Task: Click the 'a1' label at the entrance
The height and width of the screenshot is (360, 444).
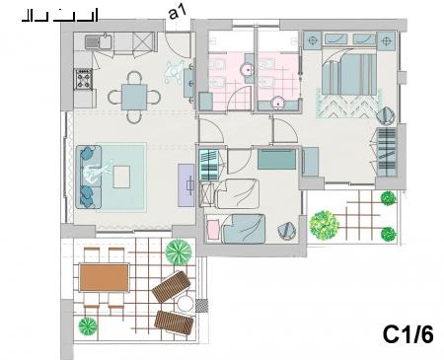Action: [178, 13]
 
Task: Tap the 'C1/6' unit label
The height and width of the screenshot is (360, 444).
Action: [407, 334]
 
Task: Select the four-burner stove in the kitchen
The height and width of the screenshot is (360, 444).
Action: [83, 79]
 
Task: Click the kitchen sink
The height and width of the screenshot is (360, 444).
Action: [99, 41]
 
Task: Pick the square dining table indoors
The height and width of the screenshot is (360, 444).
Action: [134, 98]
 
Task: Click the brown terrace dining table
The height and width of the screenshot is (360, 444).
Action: [105, 278]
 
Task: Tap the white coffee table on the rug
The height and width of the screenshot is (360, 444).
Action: [121, 177]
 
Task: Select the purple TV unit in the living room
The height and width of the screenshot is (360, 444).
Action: [186, 185]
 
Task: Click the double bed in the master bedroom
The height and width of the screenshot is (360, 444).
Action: [349, 72]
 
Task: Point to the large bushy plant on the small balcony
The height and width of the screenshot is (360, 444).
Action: [325, 225]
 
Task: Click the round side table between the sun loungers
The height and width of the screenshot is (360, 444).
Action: [185, 304]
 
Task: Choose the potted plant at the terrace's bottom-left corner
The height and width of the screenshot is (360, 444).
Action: [88, 326]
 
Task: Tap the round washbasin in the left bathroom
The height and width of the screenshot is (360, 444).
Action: [247, 70]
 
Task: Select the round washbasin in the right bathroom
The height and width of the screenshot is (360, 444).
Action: [278, 104]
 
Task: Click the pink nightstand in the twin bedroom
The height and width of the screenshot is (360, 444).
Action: [213, 229]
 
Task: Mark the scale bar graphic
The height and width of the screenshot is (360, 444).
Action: [60, 16]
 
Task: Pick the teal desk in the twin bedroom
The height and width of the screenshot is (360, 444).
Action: [276, 159]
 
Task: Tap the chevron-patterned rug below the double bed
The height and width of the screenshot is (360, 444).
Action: [348, 105]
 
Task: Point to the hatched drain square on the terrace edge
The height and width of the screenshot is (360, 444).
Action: [201, 306]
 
